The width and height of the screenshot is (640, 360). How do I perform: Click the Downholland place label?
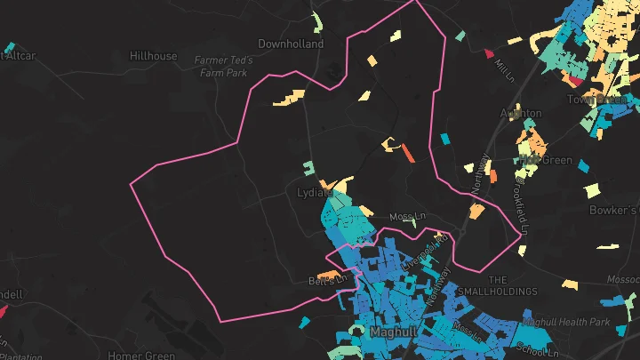point(291,44)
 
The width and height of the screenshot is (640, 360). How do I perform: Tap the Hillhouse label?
point(153,56)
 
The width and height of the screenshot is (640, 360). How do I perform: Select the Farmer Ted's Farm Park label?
point(224,67)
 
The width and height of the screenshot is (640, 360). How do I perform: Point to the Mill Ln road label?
point(506,68)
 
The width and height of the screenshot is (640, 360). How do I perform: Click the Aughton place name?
point(521,114)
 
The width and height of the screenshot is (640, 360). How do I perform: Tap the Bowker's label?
point(613,211)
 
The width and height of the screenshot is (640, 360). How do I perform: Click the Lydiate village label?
point(314,192)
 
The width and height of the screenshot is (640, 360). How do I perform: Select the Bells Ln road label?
point(326,281)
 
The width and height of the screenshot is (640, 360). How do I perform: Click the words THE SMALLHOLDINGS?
point(513,285)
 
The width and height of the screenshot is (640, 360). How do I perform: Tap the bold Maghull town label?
point(391,332)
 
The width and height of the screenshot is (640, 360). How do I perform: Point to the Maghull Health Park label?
point(566,322)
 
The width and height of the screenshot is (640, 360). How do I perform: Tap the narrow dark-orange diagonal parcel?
point(408,153)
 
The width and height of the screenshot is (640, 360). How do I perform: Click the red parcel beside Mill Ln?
point(488,53)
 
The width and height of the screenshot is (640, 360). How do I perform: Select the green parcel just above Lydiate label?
point(308,167)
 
